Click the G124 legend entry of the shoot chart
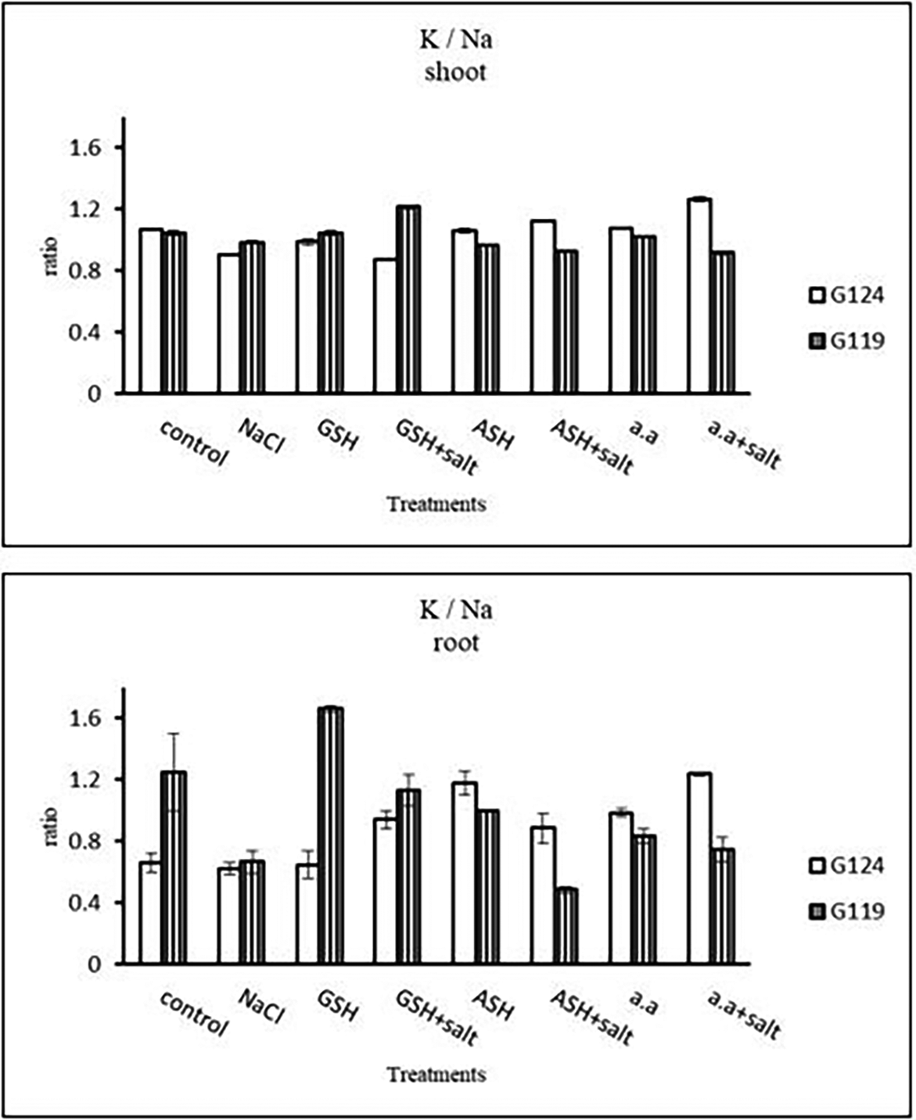click(x=846, y=296)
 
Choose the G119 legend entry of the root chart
click(x=846, y=911)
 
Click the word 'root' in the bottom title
click(x=459, y=643)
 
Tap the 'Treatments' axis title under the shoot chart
click(x=436, y=504)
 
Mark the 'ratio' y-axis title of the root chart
click(x=52, y=826)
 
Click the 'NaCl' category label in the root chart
click(x=260, y=1006)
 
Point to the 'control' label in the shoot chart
click(x=192, y=443)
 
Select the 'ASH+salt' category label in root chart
click(x=591, y=1016)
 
